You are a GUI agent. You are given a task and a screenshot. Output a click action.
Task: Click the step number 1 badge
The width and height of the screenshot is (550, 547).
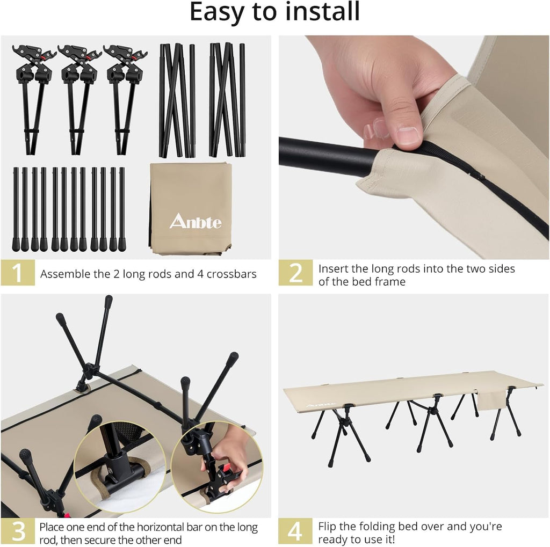pyautogui.click(x=18, y=273)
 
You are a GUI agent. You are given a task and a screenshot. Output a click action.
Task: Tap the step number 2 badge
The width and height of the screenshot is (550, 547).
pyautogui.click(x=295, y=273)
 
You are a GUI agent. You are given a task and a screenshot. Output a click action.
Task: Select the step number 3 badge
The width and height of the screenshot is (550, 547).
pyautogui.click(x=18, y=531)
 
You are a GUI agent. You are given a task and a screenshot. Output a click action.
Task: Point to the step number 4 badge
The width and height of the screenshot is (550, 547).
pyautogui.click(x=295, y=531)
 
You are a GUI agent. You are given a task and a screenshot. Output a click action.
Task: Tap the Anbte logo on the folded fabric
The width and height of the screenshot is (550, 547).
pyautogui.click(x=196, y=221)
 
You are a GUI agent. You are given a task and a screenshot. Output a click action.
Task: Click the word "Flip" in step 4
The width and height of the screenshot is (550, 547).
pyautogui.click(x=327, y=527)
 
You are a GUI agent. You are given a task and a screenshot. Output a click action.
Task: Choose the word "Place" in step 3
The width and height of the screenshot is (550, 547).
pyautogui.click(x=51, y=527)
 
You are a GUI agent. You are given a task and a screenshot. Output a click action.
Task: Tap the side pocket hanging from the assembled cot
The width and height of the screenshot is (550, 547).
pyautogui.click(x=491, y=401)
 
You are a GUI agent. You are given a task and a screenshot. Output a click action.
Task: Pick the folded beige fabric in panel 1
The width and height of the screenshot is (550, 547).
pyautogui.click(x=191, y=208)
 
